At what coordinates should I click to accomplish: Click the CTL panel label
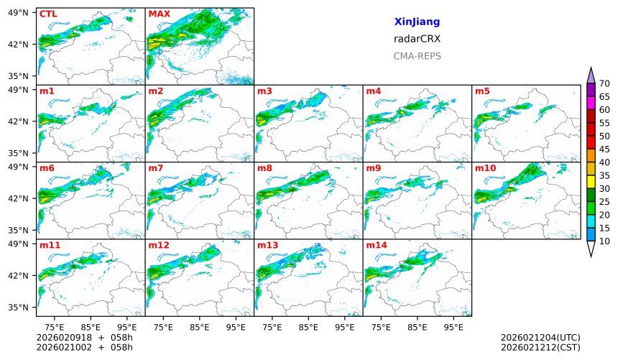[x=48, y=14]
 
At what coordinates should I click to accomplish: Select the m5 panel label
[x=482, y=91]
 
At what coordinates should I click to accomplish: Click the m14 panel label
[x=376, y=245]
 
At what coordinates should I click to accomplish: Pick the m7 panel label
[x=156, y=168]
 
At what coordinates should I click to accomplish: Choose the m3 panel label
[x=264, y=91]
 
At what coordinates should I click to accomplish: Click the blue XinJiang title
[x=417, y=22]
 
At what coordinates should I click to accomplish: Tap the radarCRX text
[x=417, y=40]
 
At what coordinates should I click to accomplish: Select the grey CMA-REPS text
[x=417, y=56]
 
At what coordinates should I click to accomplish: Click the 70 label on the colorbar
[x=604, y=84]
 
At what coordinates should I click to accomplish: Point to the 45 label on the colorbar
[x=604, y=149]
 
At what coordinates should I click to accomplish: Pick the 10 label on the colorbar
[x=604, y=241]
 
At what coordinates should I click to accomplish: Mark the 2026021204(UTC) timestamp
[x=540, y=338]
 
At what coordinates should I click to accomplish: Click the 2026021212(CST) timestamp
[x=540, y=348]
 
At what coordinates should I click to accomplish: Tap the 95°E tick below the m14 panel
[x=453, y=327]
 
